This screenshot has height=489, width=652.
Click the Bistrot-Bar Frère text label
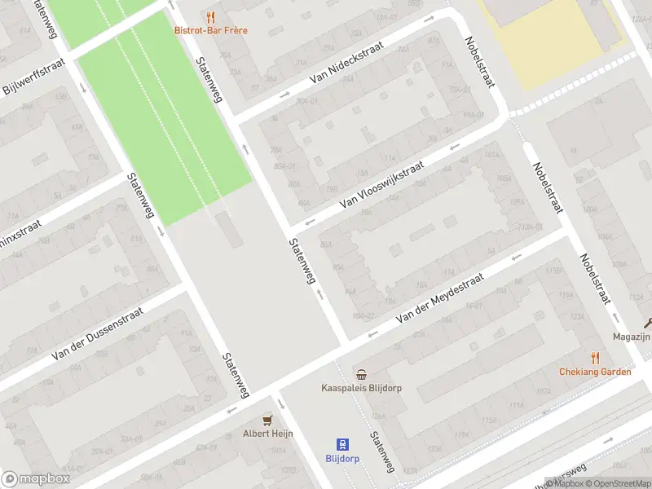pos(211,30)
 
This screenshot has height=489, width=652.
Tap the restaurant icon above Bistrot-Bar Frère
pos(211,16)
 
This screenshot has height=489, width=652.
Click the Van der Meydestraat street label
pos(439,301)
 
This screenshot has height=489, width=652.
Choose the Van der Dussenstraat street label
pos(97,333)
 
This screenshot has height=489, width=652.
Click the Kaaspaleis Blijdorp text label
pos(361,388)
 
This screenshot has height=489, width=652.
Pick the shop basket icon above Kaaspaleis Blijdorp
pos(361,374)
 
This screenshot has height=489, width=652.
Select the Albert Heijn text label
pos(267,434)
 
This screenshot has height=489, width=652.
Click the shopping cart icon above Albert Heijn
pos(267,420)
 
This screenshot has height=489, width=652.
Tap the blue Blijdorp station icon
pos(343,444)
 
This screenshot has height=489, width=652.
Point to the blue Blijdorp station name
pos(343,459)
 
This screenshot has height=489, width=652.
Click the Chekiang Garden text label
pos(595,372)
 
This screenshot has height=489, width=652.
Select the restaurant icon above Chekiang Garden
pos(595,358)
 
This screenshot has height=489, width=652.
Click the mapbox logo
pos(36,479)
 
